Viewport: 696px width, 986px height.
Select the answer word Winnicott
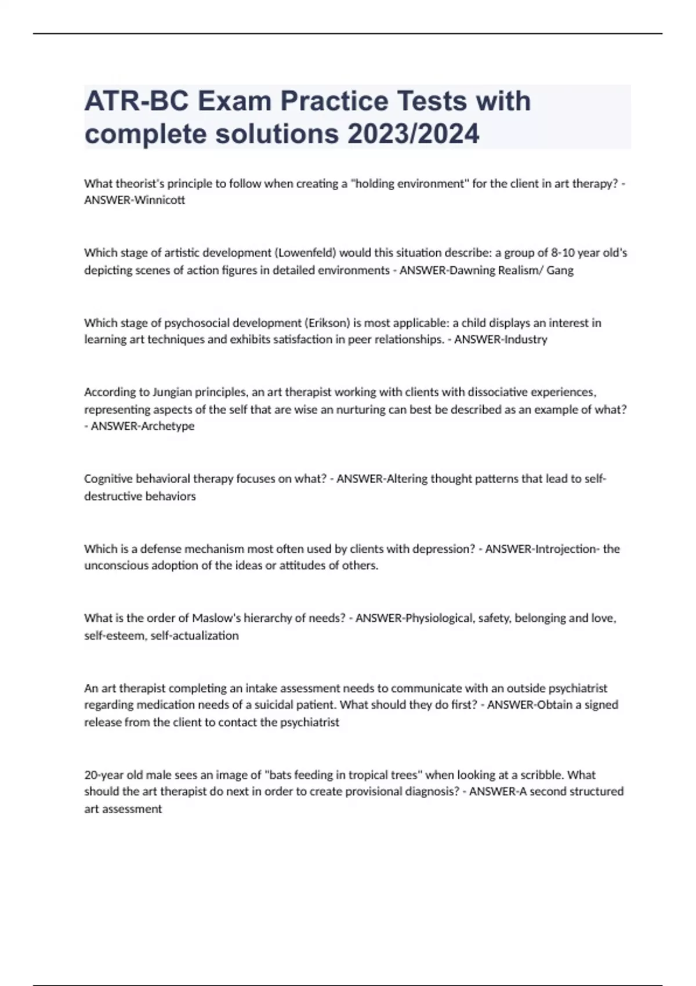tap(159, 200)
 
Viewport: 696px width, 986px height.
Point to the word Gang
tap(560, 270)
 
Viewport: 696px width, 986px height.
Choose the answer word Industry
tap(525, 339)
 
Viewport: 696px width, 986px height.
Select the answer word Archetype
tap(167, 426)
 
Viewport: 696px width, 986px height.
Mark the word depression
tap(444, 549)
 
